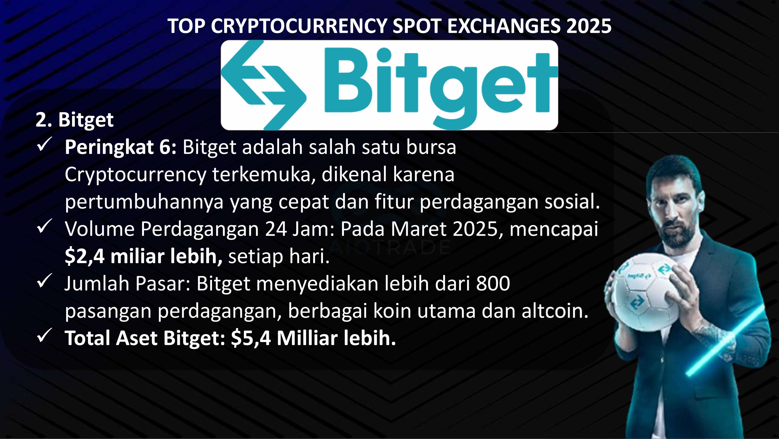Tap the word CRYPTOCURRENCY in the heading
(299, 26)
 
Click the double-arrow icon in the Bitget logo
(263, 85)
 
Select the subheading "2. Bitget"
(74, 120)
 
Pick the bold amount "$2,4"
(85, 256)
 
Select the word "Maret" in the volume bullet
(419, 229)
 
